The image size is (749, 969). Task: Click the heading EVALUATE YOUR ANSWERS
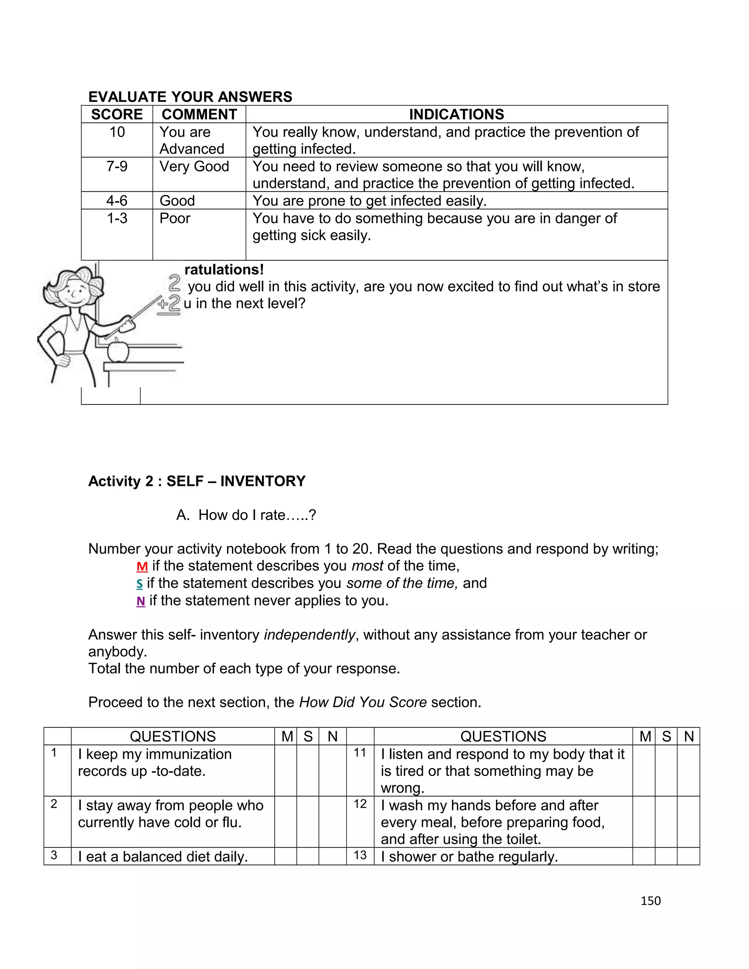[190, 97]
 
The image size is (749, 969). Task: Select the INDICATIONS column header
[456, 114]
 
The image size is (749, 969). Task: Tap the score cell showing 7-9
[117, 167]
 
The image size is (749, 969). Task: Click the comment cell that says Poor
[175, 219]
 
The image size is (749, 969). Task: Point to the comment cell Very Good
[194, 167]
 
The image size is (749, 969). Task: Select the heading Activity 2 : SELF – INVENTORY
[196, 481]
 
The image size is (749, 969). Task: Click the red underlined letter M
[142, 566]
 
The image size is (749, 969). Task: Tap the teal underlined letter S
[139, 584]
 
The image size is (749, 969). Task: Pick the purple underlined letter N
[141, 601]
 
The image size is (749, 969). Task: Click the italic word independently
[309, 635]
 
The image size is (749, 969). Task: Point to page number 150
[651, 901]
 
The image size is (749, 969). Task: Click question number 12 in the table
[360, 804]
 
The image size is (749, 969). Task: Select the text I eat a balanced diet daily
[162, 857]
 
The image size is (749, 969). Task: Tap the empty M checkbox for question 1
[285, 770]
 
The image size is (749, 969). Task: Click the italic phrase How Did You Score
[362, 702]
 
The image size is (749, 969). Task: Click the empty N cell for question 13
[688, 856]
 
